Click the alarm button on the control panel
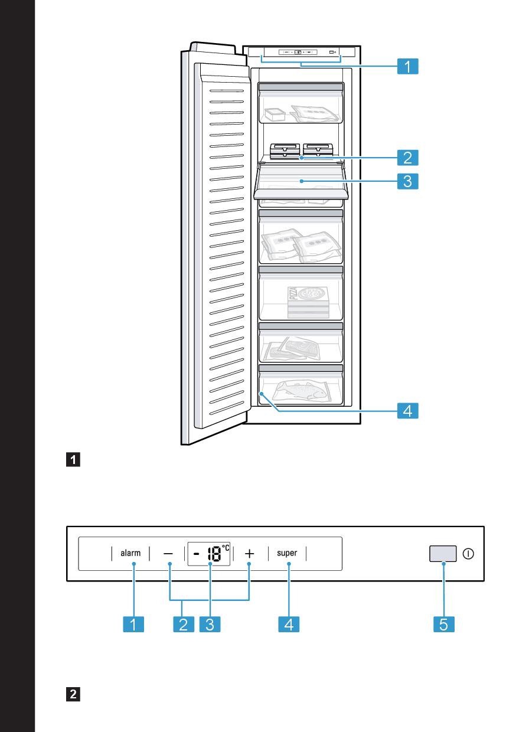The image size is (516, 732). pyautogui.click(x=130, y=554)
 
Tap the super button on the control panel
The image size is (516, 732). pyautogui.click(x=287, y=554)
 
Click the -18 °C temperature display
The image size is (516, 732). pyautogui.click(x=209, y=554)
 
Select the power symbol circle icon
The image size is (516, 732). pyautogui.click(x=469, y=554)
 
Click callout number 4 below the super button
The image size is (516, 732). pyautogui.click(x=288, y=625)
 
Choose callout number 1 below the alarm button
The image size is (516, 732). pyautogui.click(x=134, y=625)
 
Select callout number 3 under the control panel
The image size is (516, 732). pyautogui.click(x=210, y=625)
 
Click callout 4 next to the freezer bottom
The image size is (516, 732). pyautogui.click(x=407, y=410)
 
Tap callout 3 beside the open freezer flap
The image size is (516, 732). pyautogui.click(x=407, y=181)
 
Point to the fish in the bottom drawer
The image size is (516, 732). pyautogui.click(x=301, y=391)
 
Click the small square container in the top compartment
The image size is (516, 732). pyautogui.click(x=274, y=114)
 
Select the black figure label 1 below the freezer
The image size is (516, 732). pyautogui.click(x=75, y=459)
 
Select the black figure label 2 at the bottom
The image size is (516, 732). pyautogui.click(x=75, y=694)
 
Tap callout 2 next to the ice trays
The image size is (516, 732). pyautogui.click(x=407, y=158)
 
